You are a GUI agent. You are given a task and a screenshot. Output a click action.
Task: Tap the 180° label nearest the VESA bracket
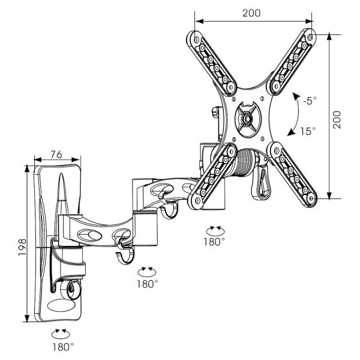coord(215,242)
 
